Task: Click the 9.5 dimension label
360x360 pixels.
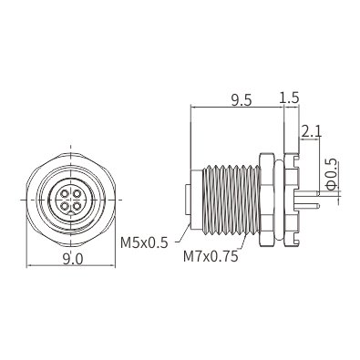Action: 242,100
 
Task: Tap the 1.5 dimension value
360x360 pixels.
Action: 289,98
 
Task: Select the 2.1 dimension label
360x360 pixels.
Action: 312,132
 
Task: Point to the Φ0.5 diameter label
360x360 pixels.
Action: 333,174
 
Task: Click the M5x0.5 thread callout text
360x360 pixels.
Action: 144,242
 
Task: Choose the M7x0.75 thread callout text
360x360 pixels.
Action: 211,257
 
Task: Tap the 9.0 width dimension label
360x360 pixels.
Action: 73,259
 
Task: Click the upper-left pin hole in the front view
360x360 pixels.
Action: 65,193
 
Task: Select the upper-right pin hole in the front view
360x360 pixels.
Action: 77,193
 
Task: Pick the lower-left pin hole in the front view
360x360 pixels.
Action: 65,207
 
